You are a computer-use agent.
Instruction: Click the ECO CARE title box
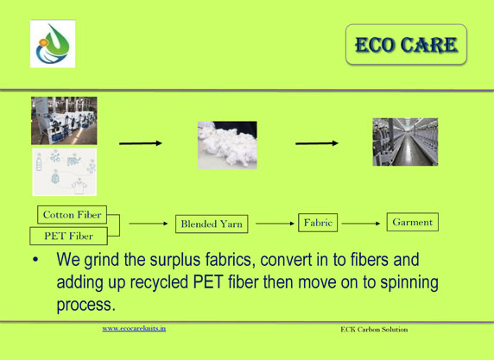pyautogui.click(x=406, y=44)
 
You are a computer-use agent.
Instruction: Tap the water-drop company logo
pyautogui.click(x=53, y=44)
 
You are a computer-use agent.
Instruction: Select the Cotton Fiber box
pyautogui.click(x=73, y=215)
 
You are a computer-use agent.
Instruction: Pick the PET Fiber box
pyautogui.click(x=69, y=236)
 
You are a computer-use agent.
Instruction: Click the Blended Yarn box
pyautogui.click(x=212, y=224)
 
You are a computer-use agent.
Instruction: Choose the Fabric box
pyautogui.click(x=318, y=223)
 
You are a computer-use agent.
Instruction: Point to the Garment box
pyautogui.click(x=413, y=222)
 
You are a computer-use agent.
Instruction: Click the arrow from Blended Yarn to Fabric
pyautogui.click(x=275, y=224)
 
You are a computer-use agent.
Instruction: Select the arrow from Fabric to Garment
pyautogui.click(x=361, y=224)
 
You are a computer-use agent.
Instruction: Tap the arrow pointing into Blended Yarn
pyautogui.click(x=149, y=224)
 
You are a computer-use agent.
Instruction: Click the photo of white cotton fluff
pyautogui.click(x=227, y=145)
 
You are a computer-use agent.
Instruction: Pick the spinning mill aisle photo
pyautogui.click(x=405, y=142)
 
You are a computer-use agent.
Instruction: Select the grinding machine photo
pyautogui.click(x=64, y=121)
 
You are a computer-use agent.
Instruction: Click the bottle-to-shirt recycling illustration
pyautogui.click(x=64, y=172)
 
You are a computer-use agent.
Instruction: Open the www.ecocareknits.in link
pyautogui.click(x=134, y=329)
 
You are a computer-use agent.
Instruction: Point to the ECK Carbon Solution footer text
pyautogui.click(x=374, y=330)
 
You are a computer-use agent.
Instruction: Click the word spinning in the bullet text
pyautogui.click(x=409, y=282)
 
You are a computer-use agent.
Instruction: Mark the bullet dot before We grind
pyautogui.click(x=35, y=260)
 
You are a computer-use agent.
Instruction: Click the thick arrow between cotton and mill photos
pyautogui.click(x=317, y=143)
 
